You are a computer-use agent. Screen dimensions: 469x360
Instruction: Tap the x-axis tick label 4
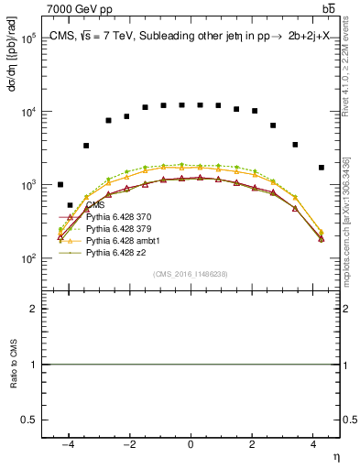(x=313, y=444)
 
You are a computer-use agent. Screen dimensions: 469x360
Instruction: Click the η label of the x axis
(x=334, y=455)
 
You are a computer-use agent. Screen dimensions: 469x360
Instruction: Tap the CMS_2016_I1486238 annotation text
(x=190, y=274)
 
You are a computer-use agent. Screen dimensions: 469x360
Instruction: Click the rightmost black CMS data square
(x=321, y=168)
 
